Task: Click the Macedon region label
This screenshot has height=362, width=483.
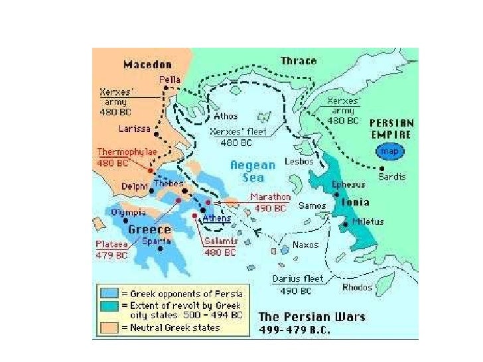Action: [x=147, y=64]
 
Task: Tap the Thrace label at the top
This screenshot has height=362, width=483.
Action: [x=299, y=61]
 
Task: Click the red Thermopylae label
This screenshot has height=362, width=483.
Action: [x=127, y=152]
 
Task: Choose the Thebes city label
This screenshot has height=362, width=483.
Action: [x=168, y=183]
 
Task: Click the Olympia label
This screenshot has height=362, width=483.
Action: [x=129, y=212]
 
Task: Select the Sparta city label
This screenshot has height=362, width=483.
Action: [x=157, y=241]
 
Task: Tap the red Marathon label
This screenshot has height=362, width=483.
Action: [x=270, y=197]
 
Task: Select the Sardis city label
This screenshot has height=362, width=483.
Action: [x=391, y=176]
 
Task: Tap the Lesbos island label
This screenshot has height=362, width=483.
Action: [x=299, y=162]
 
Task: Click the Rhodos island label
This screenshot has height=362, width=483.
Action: [x=358, y=287]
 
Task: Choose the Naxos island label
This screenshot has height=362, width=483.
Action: [x=305, y=245]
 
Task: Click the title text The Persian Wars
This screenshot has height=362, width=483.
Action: [x=311, y=317]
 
